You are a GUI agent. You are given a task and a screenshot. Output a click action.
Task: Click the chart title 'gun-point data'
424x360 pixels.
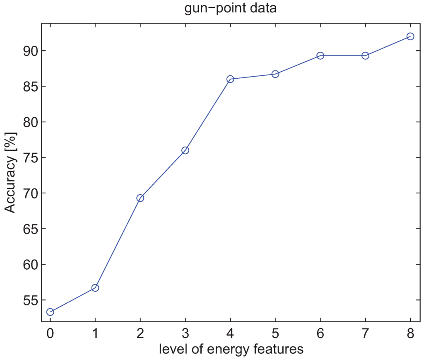(x=230, y=9)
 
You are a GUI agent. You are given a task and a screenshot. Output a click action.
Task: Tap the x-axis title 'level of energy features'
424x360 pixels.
(x=231, y=349)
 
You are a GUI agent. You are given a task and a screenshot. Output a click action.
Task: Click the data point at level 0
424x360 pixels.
(x=50, y=312)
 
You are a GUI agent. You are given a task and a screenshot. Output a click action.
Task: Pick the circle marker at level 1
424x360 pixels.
(x=95, y=288)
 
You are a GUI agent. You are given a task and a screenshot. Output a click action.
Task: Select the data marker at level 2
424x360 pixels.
(x=140, y=198)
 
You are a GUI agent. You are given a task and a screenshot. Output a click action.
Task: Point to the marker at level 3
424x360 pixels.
(x=185, y=150)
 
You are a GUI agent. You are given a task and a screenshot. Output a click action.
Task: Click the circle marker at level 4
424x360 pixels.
(x=230, y=79)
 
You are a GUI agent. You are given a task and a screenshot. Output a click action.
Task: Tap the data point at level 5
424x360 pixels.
(x=275, y=74)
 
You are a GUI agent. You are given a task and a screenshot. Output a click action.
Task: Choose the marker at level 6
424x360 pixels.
(x=320, y=56)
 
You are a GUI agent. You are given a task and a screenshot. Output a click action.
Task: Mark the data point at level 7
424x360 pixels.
(x=365, y=56)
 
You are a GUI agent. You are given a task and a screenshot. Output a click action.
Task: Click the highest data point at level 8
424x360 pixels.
(x=410, y=36)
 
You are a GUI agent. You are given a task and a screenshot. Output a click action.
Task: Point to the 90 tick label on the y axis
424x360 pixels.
(x=29, y=51)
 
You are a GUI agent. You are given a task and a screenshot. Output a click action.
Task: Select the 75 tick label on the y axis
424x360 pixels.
(x=29, y=158)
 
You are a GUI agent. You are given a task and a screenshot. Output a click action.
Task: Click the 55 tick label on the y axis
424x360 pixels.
(x=29, y=300)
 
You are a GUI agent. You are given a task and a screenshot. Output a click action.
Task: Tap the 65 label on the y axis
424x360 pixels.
(x=29, y=229)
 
